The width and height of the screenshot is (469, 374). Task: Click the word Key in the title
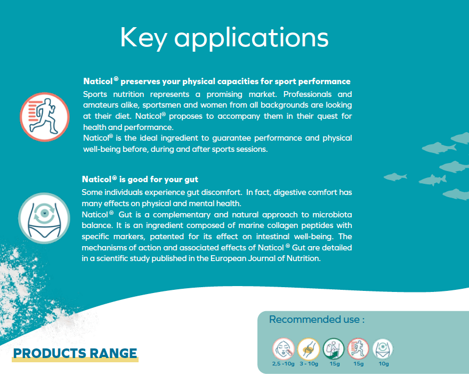coord(143,38)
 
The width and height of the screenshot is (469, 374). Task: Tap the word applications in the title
coord(252,38)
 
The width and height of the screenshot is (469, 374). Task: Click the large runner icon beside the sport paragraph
coord(45,117)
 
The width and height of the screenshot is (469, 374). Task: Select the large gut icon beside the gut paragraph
coord(44,218)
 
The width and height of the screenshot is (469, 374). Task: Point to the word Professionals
coord(307,94)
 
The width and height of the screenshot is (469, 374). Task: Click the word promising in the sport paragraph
coord(224,94)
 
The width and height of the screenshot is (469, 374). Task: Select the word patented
coord(167,237)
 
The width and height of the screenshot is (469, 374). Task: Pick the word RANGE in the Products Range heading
coord(114,353)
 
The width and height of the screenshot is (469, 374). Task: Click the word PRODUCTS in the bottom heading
coord(50,353)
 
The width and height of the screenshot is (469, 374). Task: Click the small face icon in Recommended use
coord(283,349)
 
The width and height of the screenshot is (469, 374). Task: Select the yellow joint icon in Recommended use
coord(309,349)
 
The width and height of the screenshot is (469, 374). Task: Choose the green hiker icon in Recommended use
coord(334,349)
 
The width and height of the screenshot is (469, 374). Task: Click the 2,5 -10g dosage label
coord(283,364)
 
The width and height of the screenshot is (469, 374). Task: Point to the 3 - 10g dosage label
coord(309,364)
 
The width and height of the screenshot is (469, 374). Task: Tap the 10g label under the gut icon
coord(384,364)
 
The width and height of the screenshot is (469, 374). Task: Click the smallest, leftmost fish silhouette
coord(395,177)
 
